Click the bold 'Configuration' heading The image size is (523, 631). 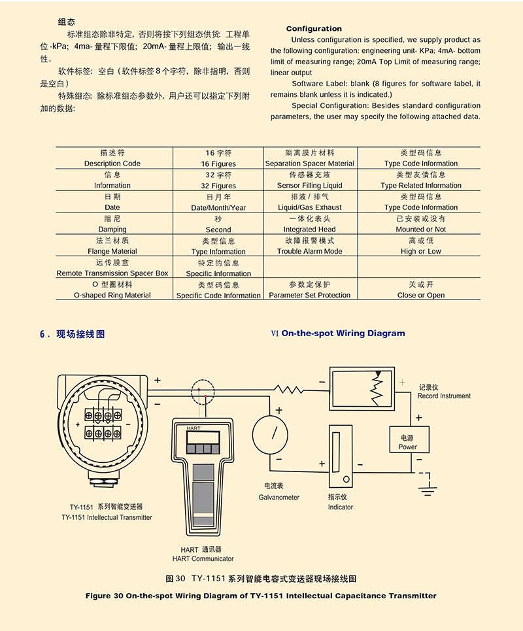coord(314,29)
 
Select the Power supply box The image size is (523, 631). coord(407,441)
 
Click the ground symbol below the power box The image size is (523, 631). coord(428,483)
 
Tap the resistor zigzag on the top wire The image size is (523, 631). coord(290,389)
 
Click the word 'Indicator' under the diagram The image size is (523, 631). coord(340,507)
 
